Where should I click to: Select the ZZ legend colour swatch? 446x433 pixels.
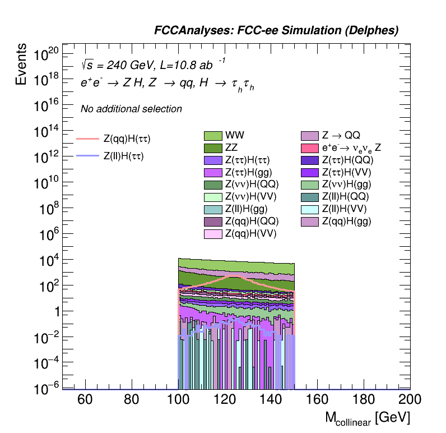tap(213, 148)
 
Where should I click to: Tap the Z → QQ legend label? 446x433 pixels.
tap(341, 135)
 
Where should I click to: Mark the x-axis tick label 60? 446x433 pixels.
tap(85, 399)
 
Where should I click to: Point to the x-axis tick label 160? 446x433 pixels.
tap(317, 399)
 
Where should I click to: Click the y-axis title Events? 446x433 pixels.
tap(21, 64)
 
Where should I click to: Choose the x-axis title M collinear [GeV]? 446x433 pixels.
tap(368, 418)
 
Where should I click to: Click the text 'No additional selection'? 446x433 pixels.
tap(131, 109)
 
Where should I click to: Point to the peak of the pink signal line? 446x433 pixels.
tap(236, 276)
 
